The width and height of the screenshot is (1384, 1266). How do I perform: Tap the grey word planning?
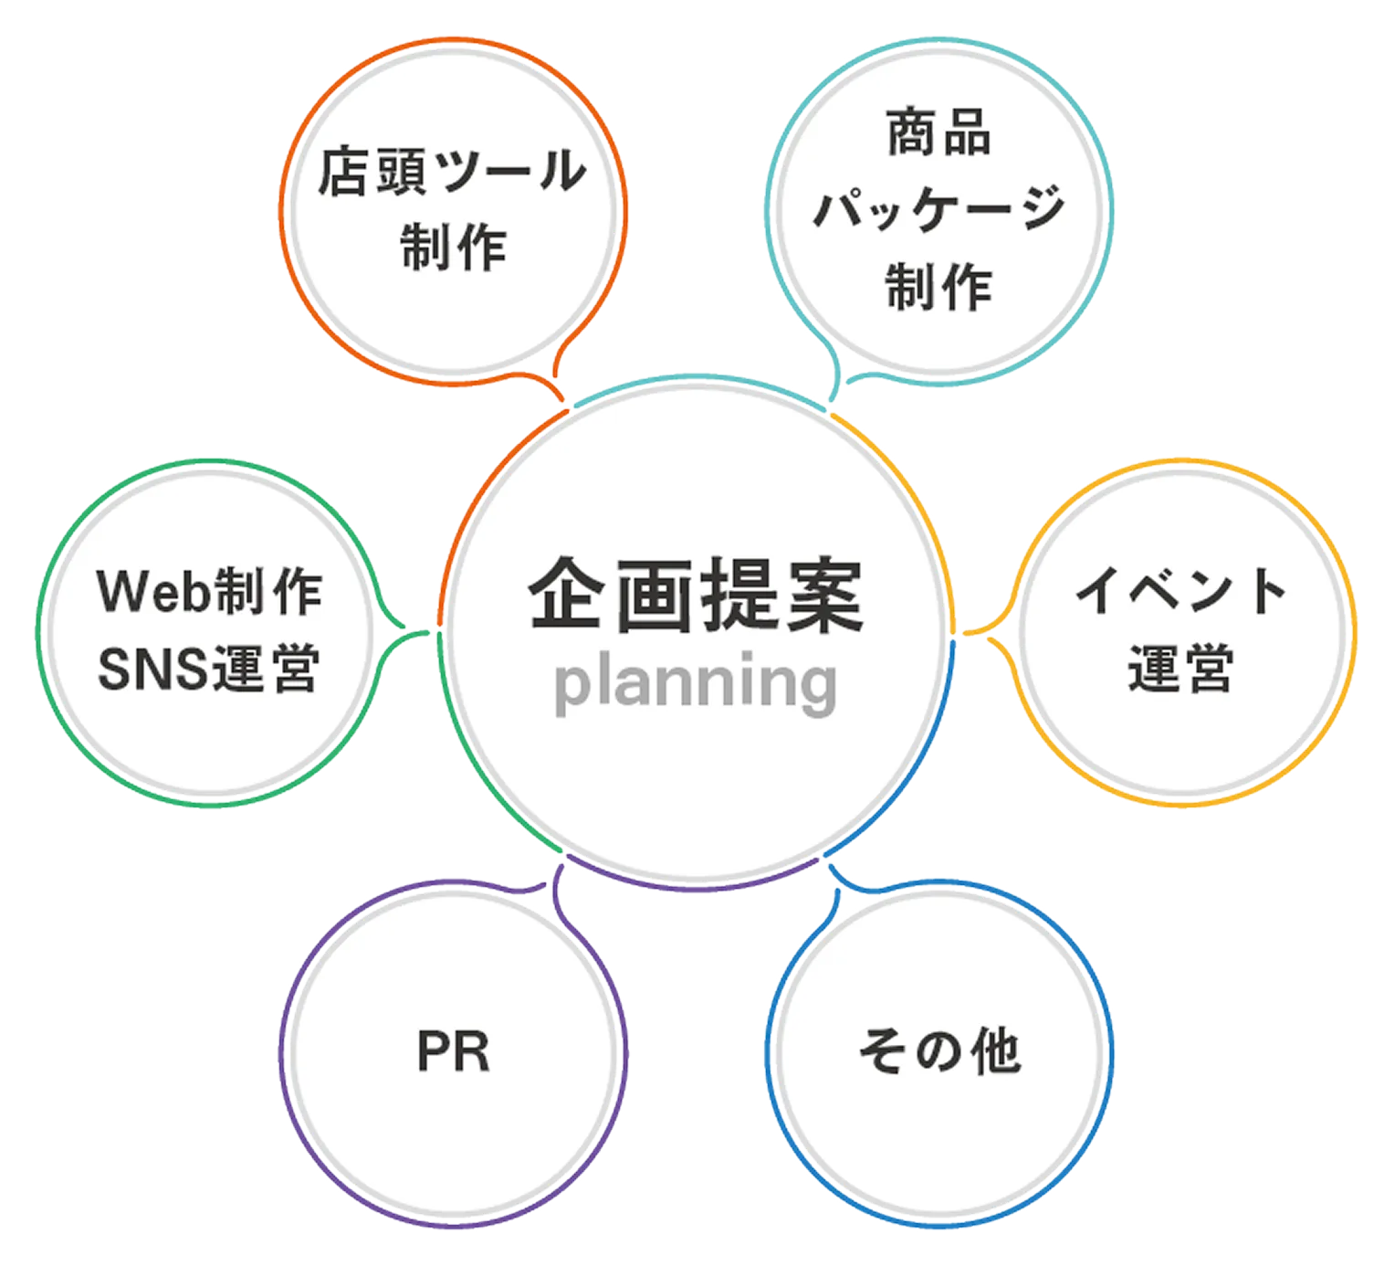[x=696, y=683]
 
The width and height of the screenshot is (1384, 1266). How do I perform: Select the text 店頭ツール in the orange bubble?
[x=452, y=171]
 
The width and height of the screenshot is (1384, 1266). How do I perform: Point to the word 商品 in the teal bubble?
[x=938, y=132]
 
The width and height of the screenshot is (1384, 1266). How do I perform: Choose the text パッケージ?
[x=938, y=208]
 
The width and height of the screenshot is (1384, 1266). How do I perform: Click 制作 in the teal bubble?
[x=938, y=286]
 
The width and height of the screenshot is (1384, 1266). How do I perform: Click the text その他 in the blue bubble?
[x=938, y=1050]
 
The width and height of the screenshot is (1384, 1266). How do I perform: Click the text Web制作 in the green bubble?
[x=209, y=591]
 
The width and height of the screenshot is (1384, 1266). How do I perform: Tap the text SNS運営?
[x=209, y=668]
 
